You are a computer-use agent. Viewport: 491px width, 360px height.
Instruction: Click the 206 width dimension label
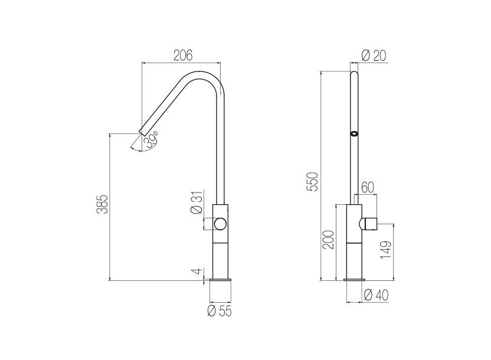[x=183, y=55]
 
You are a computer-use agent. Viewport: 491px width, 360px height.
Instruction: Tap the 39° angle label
[x=151, y=140]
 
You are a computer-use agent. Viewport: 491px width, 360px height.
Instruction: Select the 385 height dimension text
[x=102, y=204]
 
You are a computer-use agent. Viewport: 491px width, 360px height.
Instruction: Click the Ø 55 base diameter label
[x=220, y=311]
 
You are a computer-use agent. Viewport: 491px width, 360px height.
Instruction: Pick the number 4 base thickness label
[x=197, y=271]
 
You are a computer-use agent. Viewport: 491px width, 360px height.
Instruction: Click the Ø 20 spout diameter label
[x=374, y=55]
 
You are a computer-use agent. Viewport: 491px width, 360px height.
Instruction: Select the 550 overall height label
[x=313, y=182]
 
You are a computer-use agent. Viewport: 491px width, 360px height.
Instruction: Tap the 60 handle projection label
[x=368, y=188]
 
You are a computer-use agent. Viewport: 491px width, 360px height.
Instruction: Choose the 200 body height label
[x=329, y=240]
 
